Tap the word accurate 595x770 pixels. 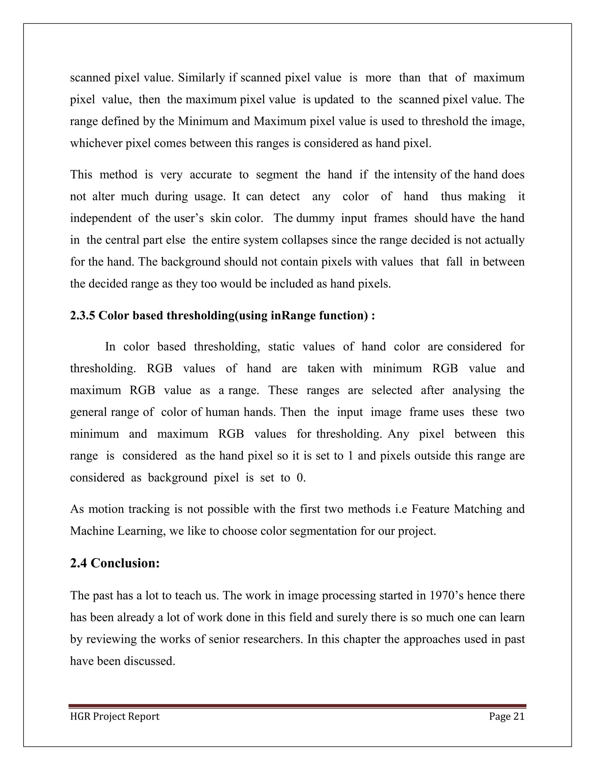[x=210, y=175]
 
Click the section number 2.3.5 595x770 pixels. [x=83, y=315]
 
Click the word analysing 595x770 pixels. [x=476, y=390]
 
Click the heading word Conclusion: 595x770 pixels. [x=125, y=563]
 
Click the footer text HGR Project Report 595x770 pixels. [x=114, y=717]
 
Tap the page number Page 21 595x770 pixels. [x=506, y=717]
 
